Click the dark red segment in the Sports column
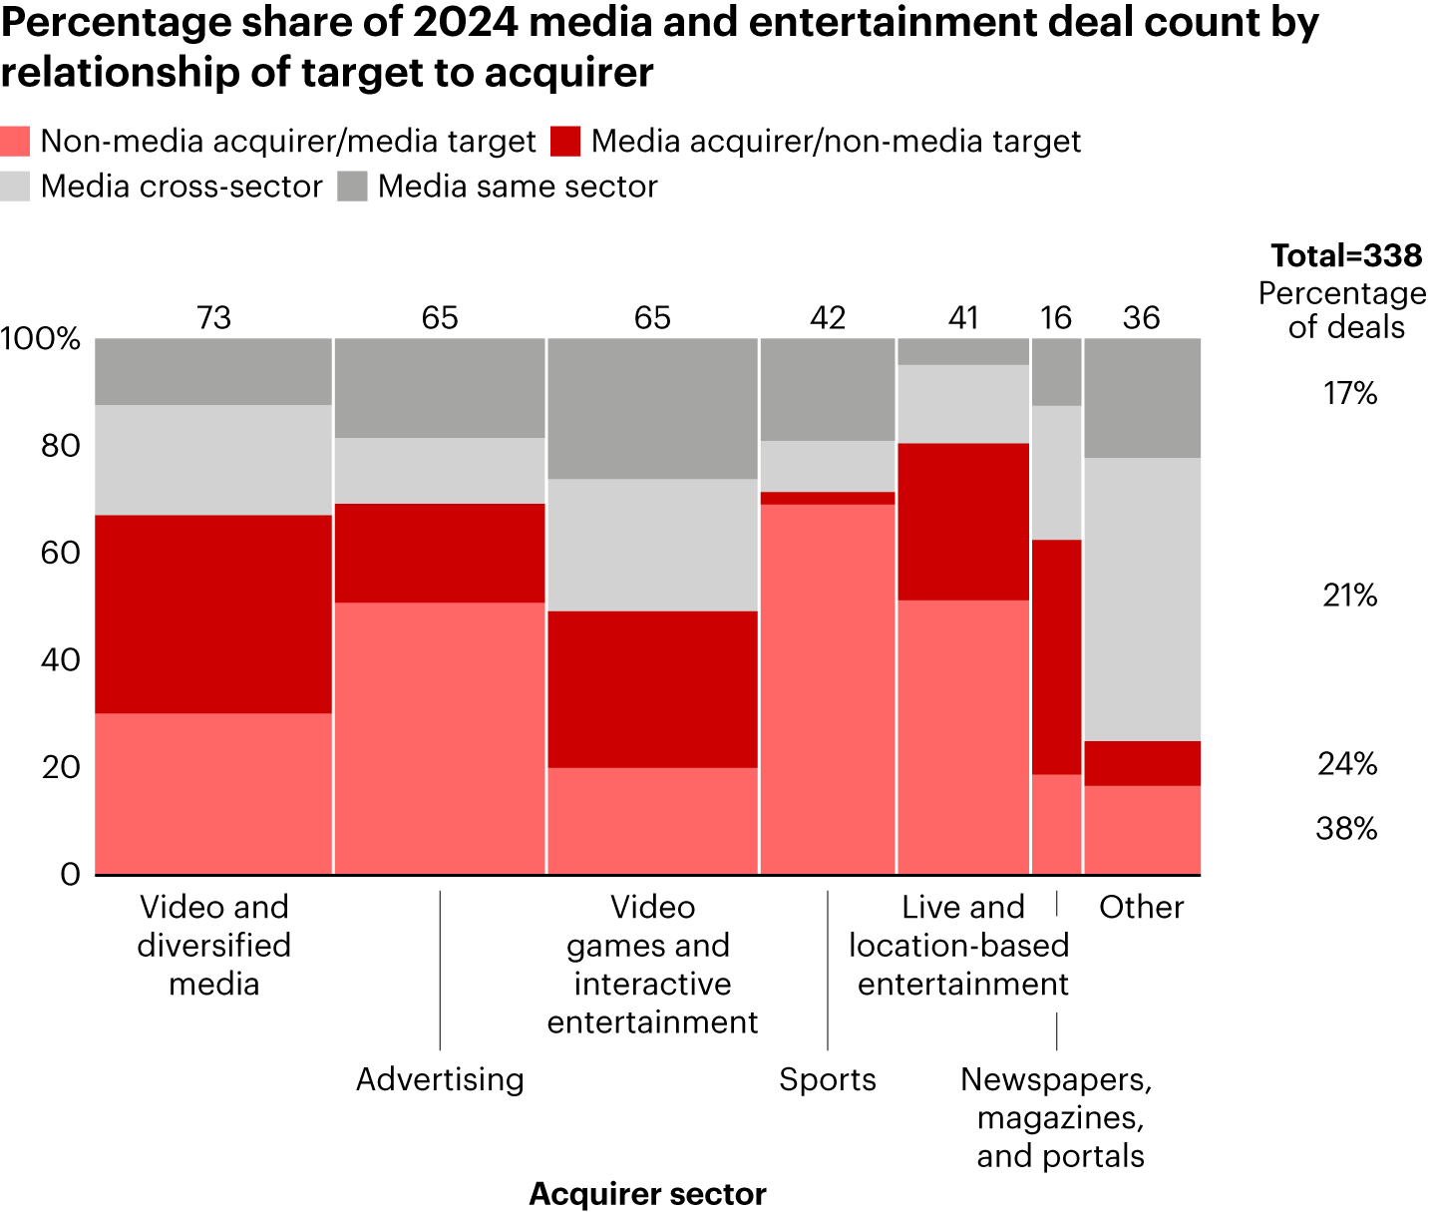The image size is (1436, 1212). click(827, 498)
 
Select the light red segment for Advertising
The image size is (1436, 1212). click(440, 738)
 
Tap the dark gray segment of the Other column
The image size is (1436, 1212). click(1142, 397)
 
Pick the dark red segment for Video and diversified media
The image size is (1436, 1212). click(213, 613)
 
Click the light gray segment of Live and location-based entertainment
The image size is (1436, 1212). click(963, 404)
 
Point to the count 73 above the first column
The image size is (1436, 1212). click(213, 318)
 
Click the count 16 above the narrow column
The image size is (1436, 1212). click(1056, 318)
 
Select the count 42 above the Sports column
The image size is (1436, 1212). click(827, 318)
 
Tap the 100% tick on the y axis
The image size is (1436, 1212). click(41, 339)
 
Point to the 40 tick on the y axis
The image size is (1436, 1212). click(59, 659)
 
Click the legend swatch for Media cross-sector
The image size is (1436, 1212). click(15, 187)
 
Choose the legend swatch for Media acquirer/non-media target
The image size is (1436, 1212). click(565, 141)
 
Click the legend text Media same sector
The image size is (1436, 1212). click(518, 187)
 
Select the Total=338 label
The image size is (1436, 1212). click(1346, 256)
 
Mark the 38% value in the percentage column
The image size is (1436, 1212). click(1346, 829)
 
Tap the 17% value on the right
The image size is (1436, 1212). click(1350, 394)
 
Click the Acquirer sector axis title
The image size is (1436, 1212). click(647, 1194)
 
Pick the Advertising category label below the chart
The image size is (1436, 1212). click(440, 1079)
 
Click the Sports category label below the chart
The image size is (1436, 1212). click(827, 1079)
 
